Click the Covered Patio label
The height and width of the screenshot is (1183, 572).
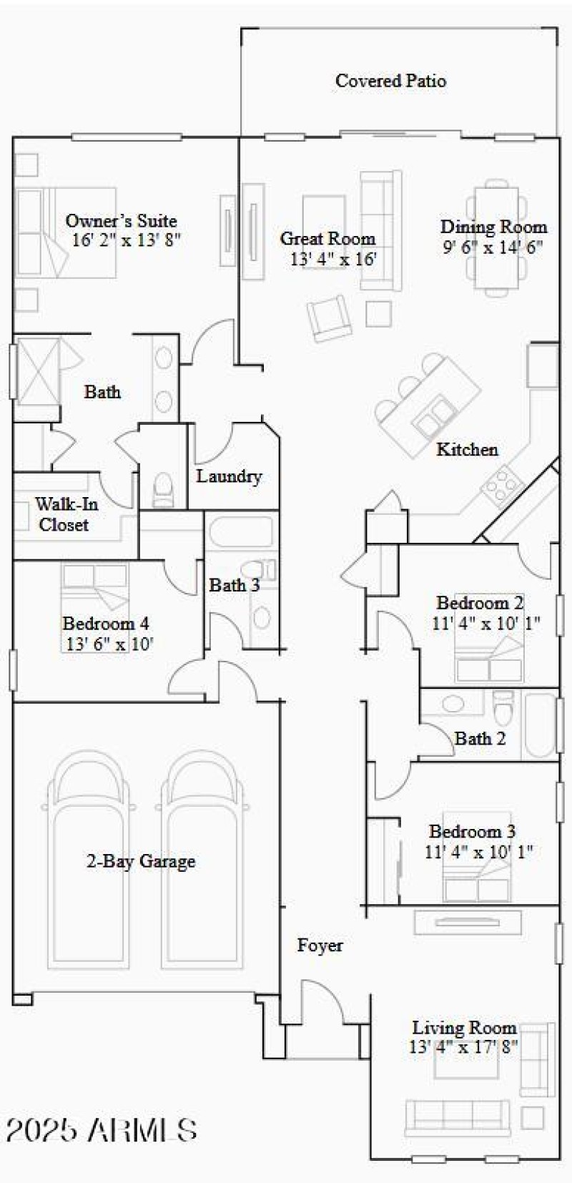coord(390,81)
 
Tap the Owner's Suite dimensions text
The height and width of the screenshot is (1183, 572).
coord(126,240)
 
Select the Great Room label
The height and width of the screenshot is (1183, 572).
coord(327,238)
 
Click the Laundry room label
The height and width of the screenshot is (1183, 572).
coord(229,476)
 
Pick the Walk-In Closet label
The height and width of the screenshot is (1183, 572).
coord(65,514)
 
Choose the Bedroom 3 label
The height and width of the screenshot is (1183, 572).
coord(472,832)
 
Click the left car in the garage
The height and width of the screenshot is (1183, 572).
coord(90,858)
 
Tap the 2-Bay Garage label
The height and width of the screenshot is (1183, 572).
coord(141,861)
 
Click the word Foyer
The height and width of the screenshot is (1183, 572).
coord(320,946)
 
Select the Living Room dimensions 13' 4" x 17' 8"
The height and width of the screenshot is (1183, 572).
coord(464,1048)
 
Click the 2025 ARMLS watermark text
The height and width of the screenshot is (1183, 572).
coord(102,1130)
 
